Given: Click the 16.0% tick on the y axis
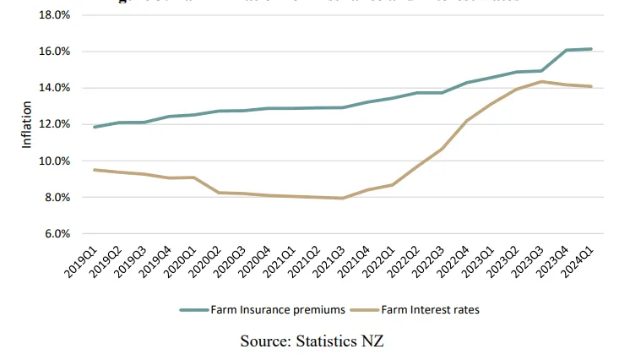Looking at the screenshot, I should (54, 52).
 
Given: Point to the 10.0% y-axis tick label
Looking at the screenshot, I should (54, 161).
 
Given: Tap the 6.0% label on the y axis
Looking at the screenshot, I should (57, 234).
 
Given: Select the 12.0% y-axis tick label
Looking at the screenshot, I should (54, 125).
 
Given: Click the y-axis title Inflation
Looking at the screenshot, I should (27, 125).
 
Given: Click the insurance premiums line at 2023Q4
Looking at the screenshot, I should (565, 50).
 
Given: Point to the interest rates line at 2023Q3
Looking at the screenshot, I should (540, 81).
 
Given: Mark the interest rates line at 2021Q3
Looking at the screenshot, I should (341, 199).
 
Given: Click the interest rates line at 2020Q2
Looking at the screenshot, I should (219, 193).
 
